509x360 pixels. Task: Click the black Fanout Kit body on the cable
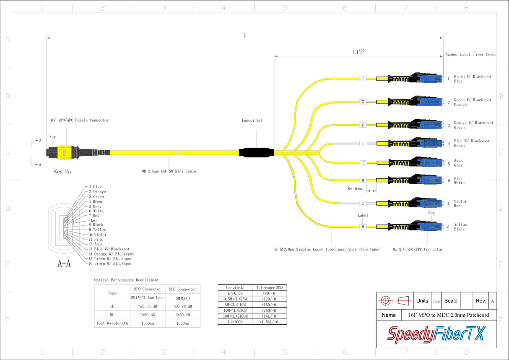256,152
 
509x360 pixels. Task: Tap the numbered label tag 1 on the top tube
363,78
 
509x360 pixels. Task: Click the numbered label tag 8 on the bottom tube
363,227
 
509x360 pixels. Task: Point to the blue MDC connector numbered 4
428,143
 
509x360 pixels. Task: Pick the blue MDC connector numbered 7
428,203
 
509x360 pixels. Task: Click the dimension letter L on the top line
245,35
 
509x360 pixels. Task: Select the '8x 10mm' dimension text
355,189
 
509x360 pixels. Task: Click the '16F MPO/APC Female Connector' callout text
80,120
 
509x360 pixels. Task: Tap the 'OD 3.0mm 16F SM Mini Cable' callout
169,171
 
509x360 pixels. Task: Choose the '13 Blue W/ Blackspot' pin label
109,249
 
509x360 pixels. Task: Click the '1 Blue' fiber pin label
95,187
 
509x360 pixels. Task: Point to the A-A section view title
64,264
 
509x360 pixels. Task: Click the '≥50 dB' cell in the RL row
182,315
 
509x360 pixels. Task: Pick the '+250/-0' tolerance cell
269,310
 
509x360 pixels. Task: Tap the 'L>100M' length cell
235,322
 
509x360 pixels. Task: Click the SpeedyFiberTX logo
436,334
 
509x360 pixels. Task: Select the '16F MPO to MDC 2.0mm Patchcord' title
448,315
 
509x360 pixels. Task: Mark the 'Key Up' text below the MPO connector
62,172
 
